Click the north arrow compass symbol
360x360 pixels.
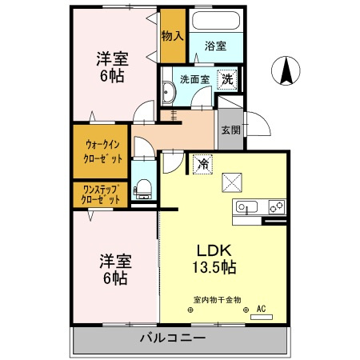(x=284, y=72)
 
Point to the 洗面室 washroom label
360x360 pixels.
(x=194, y=80)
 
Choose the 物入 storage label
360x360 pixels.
(x=172, y=36)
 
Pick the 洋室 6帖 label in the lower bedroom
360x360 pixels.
(x=114, y=270)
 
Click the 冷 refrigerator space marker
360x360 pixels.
(x=202, y=163)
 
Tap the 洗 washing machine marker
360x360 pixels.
(x=228, y=79)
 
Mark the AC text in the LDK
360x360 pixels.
(x=261, y=307)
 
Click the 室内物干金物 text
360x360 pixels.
(x=212, y=298)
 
